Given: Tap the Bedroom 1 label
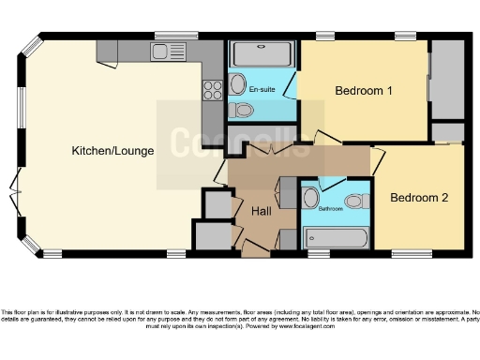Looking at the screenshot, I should tap(364, 91).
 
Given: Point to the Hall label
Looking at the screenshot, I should tap(261, 212).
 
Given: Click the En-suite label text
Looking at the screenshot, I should tap(262, 89).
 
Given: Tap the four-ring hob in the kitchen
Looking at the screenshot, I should tap(212, 90).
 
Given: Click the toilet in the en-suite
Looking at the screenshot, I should tap(242, 111).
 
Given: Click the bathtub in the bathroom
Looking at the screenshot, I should tap(332, 234).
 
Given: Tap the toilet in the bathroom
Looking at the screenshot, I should tap(353, 201).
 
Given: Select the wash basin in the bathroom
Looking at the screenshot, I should tap(310, 198).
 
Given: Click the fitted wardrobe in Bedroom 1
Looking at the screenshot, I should tap(446, 79).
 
